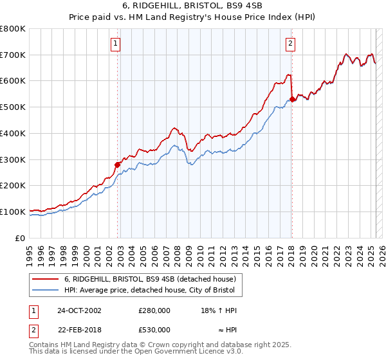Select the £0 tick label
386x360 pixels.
[21, 238]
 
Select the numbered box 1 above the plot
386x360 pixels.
[115, 44]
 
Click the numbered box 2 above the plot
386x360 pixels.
[291, 44]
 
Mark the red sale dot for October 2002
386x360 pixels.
[118, 165]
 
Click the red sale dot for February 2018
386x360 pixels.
[292, 99]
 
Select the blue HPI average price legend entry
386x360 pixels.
[152, 291]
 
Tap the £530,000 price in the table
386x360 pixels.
[154, 330]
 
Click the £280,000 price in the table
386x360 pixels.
[154, 310]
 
